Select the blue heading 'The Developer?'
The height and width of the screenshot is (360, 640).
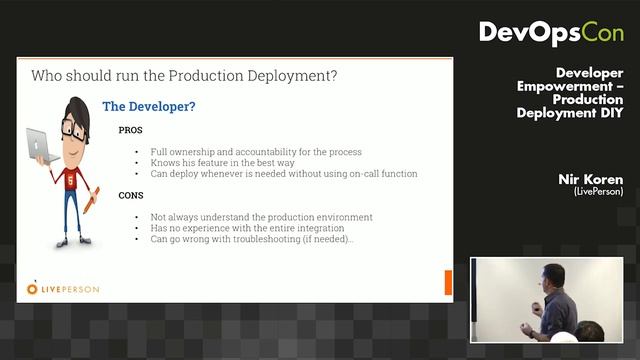pos(150,106)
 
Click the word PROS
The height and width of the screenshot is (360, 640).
pos(130,131)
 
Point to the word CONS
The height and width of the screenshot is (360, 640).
pos(131,195)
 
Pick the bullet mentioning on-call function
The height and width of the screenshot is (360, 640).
pos(284,174)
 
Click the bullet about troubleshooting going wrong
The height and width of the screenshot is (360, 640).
pos(252,239)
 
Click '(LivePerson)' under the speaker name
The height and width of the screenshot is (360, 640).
pos(599,191)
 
